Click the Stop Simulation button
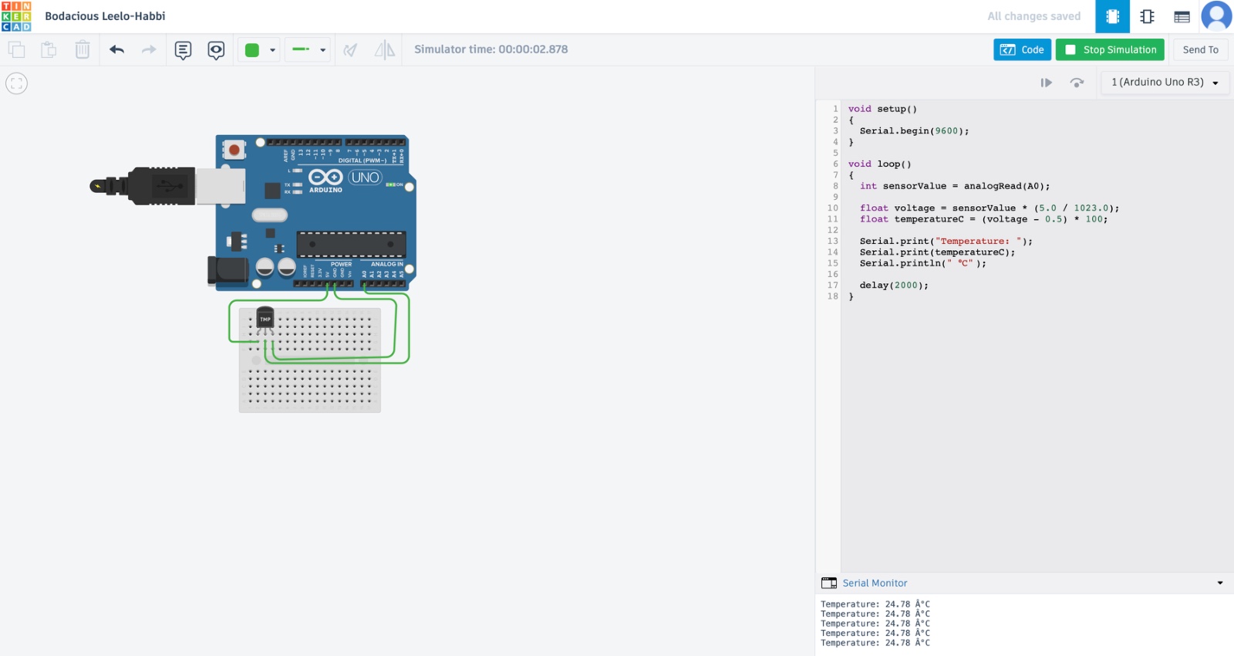click(x=1111, y=49)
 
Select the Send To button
click(x=1200, y=49)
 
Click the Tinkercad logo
click(x=16, y=16)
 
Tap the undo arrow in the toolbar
click(x=116, y=50)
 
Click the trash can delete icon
click(x=83, y=50)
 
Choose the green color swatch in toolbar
click(x=252, y=50)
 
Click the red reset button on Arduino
click(x=234, y=149)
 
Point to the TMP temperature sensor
click(x=265, y=318)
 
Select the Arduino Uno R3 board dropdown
click(x=1164, y=82)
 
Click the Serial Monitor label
click(x=875, y=583)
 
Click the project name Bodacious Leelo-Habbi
click(x=105, y=16)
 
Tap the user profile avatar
click(x=1216, y=16)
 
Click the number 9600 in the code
click(x=946, y=131)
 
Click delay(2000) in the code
click(x=893, y=286)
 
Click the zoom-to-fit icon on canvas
click(x=16, y=83)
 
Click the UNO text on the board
click(x=365, y=178)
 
